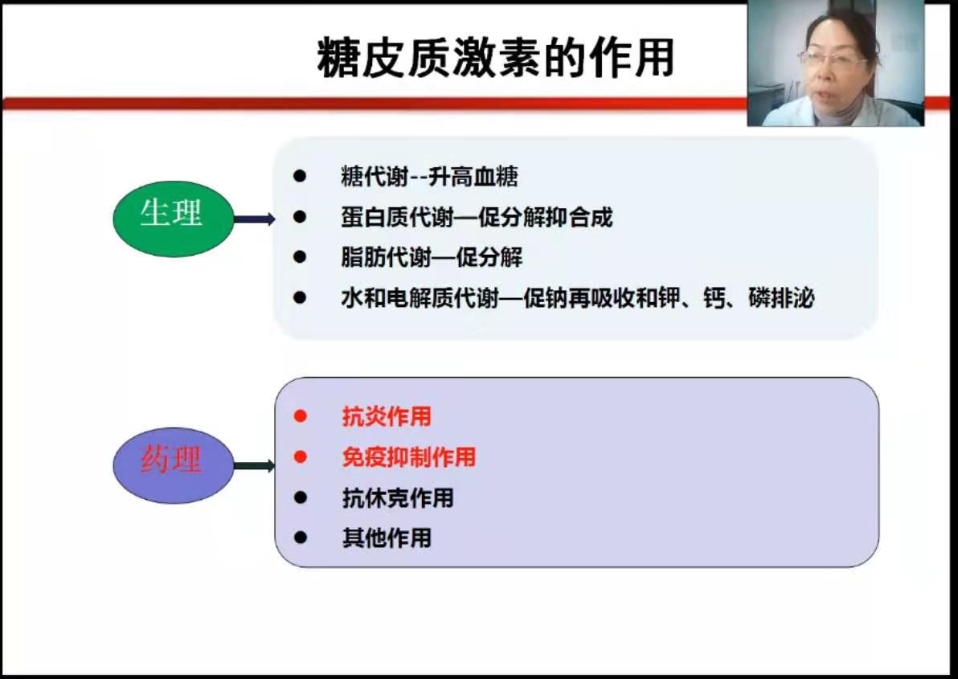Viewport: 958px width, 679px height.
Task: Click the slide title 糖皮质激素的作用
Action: (x=496, y=57)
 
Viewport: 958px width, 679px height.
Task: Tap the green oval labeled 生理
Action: (x=174, y=219)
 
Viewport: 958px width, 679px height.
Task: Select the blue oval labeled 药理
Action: (x=174, y=465)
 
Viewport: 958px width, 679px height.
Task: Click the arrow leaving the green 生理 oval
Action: (x=255, y=219)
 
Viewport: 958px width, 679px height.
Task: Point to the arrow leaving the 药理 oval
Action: (x=255, y=466)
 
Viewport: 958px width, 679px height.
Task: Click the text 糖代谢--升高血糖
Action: (x=429, y=177)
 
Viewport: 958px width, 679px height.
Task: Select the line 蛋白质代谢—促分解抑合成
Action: (x=477, y=218)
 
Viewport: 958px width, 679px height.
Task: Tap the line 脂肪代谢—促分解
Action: (x=432, y=258)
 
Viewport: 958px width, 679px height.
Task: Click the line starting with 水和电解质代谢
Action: (x=577, y=298)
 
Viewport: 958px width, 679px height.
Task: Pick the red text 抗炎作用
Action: (x=387, y=416)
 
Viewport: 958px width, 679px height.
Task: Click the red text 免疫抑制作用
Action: (x=409, y=457)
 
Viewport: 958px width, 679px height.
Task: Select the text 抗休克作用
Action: (x=398, y=497)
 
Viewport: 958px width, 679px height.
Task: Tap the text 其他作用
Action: (x=387, y=538)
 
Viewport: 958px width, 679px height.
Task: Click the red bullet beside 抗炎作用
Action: (x=300, y=415)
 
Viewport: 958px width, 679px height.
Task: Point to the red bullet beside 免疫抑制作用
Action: (x=300, y=456)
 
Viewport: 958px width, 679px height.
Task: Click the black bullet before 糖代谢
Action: (x=299, y=177)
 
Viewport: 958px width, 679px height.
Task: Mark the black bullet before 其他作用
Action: (x=300, y=538)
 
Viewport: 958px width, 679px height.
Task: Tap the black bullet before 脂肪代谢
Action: (x=299, y=257)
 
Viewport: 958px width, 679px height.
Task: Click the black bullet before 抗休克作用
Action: (x=300, y=497)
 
